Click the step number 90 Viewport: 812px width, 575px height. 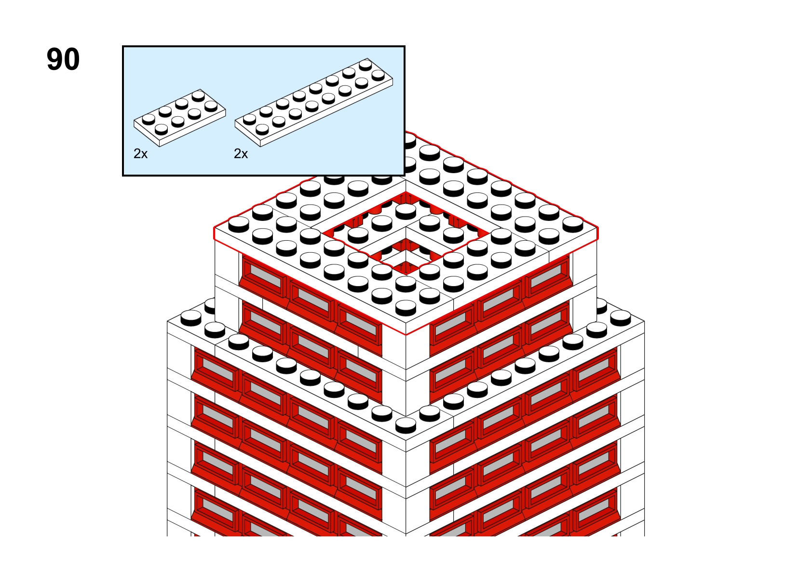(63, 59)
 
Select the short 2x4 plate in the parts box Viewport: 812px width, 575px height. (179, 118)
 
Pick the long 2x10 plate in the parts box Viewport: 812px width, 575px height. (314, 102)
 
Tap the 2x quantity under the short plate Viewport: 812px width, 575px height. (141, 154)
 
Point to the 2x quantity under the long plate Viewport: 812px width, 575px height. (241, 154)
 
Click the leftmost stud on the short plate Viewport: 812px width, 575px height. (149, 119)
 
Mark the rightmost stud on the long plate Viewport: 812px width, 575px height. (378, 75)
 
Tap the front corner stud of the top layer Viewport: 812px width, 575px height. (406, 308)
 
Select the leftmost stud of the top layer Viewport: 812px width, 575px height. (239, 224)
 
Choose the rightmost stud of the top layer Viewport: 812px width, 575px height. (573, 224)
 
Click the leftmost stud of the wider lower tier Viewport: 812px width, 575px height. (191, 318)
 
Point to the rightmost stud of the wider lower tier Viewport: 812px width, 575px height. (621, 318)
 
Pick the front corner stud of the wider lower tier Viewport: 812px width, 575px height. (406, 425)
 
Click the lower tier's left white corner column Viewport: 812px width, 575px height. (179, 428)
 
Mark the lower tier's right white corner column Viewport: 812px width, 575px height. (632, 428)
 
